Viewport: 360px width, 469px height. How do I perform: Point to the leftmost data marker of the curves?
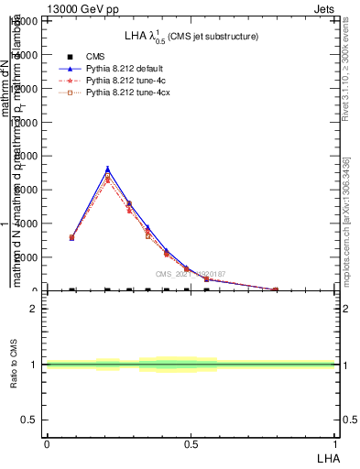tap(71, 237)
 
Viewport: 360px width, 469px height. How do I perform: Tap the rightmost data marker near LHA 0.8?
tap(276, 289)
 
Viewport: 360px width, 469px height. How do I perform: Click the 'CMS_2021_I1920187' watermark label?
tap(190, 274)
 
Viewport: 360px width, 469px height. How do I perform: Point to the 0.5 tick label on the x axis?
tap(191, 443)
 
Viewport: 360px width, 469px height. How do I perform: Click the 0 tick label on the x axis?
tap(47, 443)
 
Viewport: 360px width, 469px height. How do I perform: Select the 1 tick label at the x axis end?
tap(335, 443)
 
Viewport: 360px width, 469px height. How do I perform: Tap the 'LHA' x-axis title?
tap(326, 457)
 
